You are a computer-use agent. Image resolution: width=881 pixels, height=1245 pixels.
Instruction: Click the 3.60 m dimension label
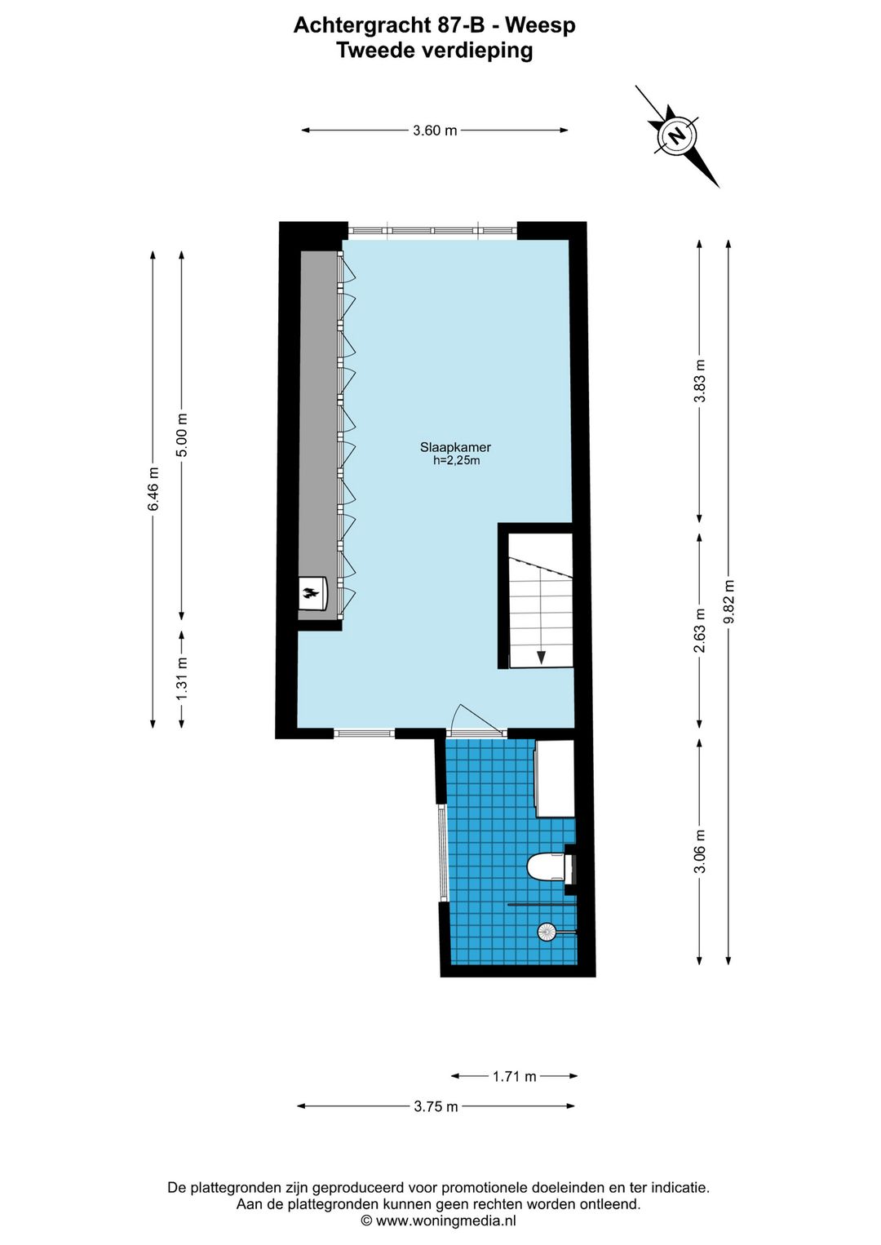434,131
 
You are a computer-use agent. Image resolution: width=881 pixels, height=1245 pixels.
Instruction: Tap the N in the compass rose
676,135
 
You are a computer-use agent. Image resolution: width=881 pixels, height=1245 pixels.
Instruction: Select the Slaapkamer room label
455,447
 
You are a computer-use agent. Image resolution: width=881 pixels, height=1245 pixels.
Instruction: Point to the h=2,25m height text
456,461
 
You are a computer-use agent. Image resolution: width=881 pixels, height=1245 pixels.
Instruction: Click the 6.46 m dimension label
153,489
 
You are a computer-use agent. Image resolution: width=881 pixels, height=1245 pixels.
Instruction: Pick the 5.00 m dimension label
182,435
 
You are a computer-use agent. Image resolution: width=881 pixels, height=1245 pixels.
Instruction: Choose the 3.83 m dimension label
699,381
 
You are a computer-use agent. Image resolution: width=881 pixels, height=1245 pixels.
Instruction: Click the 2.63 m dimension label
699,631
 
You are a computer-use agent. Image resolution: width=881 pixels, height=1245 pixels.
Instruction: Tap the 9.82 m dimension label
729,601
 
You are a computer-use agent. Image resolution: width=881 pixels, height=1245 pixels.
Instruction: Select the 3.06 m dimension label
699,851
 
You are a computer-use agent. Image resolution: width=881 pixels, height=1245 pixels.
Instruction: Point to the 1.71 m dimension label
514,1076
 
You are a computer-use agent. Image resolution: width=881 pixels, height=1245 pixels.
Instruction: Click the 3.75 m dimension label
436,1106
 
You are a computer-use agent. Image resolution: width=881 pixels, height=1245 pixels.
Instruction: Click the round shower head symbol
546,931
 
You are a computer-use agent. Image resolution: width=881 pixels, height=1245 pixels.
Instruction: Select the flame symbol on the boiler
310,593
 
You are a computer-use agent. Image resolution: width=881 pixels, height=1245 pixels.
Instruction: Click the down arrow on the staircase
540,656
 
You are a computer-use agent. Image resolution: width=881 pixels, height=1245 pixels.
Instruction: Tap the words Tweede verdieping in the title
435,51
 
